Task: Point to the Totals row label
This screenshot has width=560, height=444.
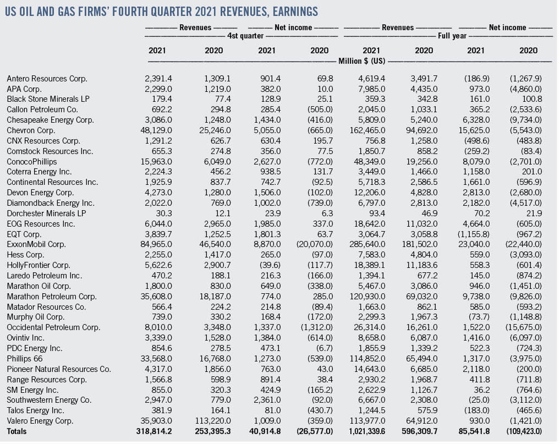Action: pos(17,431)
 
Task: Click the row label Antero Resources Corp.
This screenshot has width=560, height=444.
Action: pos(47,79)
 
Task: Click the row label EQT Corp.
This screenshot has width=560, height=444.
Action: pos(23,233)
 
